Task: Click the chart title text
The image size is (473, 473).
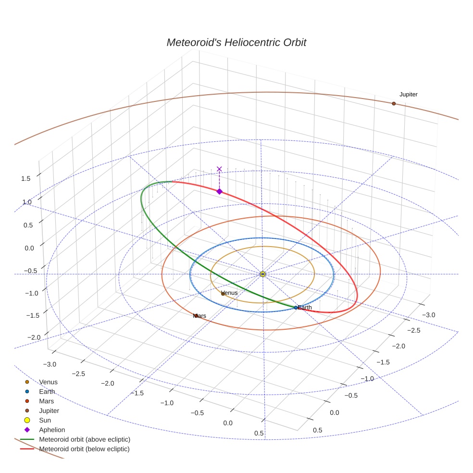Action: [x=236, y=43]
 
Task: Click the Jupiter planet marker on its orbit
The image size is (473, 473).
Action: [x=394, y=103]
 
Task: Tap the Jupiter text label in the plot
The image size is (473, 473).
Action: [x=408, y=95]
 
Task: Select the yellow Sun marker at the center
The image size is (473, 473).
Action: [x=262, y=274]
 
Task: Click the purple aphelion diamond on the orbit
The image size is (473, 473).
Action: [x=220, y=191]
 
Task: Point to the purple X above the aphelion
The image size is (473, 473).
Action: [x=220, y=169]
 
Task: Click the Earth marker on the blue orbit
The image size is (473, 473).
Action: [x=296, y=307]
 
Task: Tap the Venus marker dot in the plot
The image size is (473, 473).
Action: [x=223, y=293]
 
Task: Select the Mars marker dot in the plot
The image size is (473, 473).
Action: [x=196, y=316]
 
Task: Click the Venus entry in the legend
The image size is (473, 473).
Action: [x=48, y=382]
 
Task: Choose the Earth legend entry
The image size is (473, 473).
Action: [x=47, y=392]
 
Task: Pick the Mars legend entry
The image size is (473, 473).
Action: [x=47, y=401]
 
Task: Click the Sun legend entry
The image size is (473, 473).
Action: [x=45, y=421]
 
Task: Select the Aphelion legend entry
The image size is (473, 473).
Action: [x=52, y=430]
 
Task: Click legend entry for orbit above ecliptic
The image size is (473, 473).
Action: [x=85, y=440]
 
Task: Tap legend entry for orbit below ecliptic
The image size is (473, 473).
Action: [x=85, y=449]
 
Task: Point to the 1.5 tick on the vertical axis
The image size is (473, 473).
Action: [x=25, y=179]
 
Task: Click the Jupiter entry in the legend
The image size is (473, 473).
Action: [x=49, y=411]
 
